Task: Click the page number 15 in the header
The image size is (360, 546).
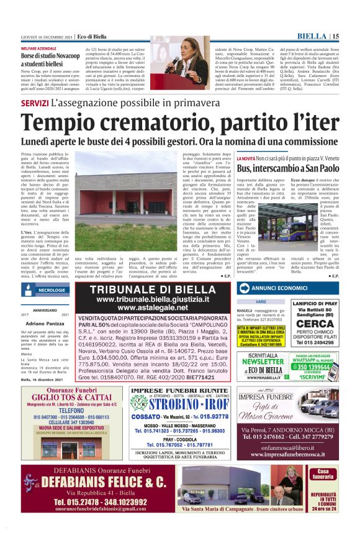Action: [335, 37]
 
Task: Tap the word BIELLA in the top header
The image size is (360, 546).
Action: [313, 37]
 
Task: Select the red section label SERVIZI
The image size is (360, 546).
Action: [35, 102]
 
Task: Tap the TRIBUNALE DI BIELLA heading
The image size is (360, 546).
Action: [161, 290]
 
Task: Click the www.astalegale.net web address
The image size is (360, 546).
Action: [161, 307]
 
